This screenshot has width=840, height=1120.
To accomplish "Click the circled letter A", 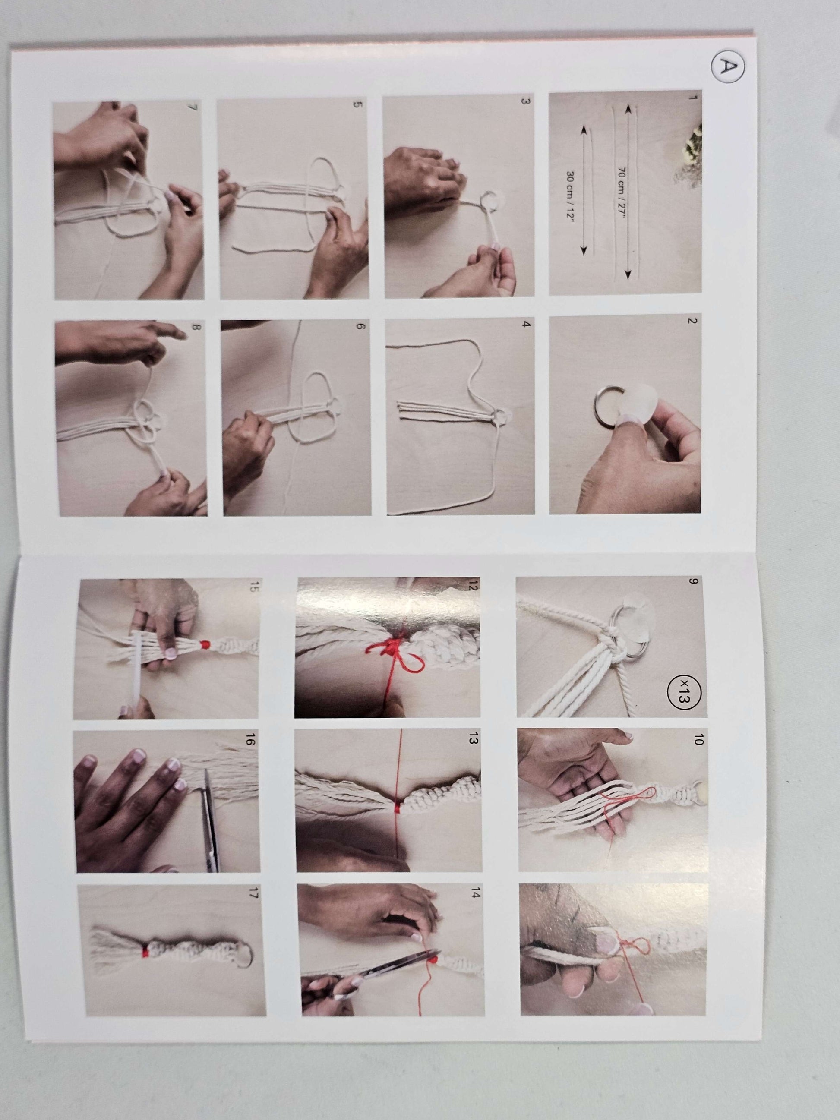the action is point(727,67).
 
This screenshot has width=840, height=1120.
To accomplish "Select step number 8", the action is point(197,327).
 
